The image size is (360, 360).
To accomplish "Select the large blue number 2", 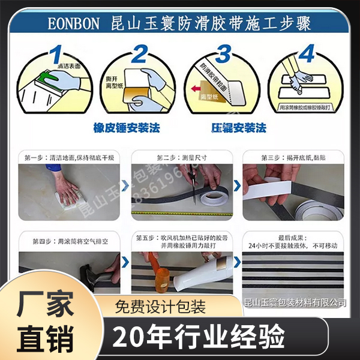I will tap(139, 55).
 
